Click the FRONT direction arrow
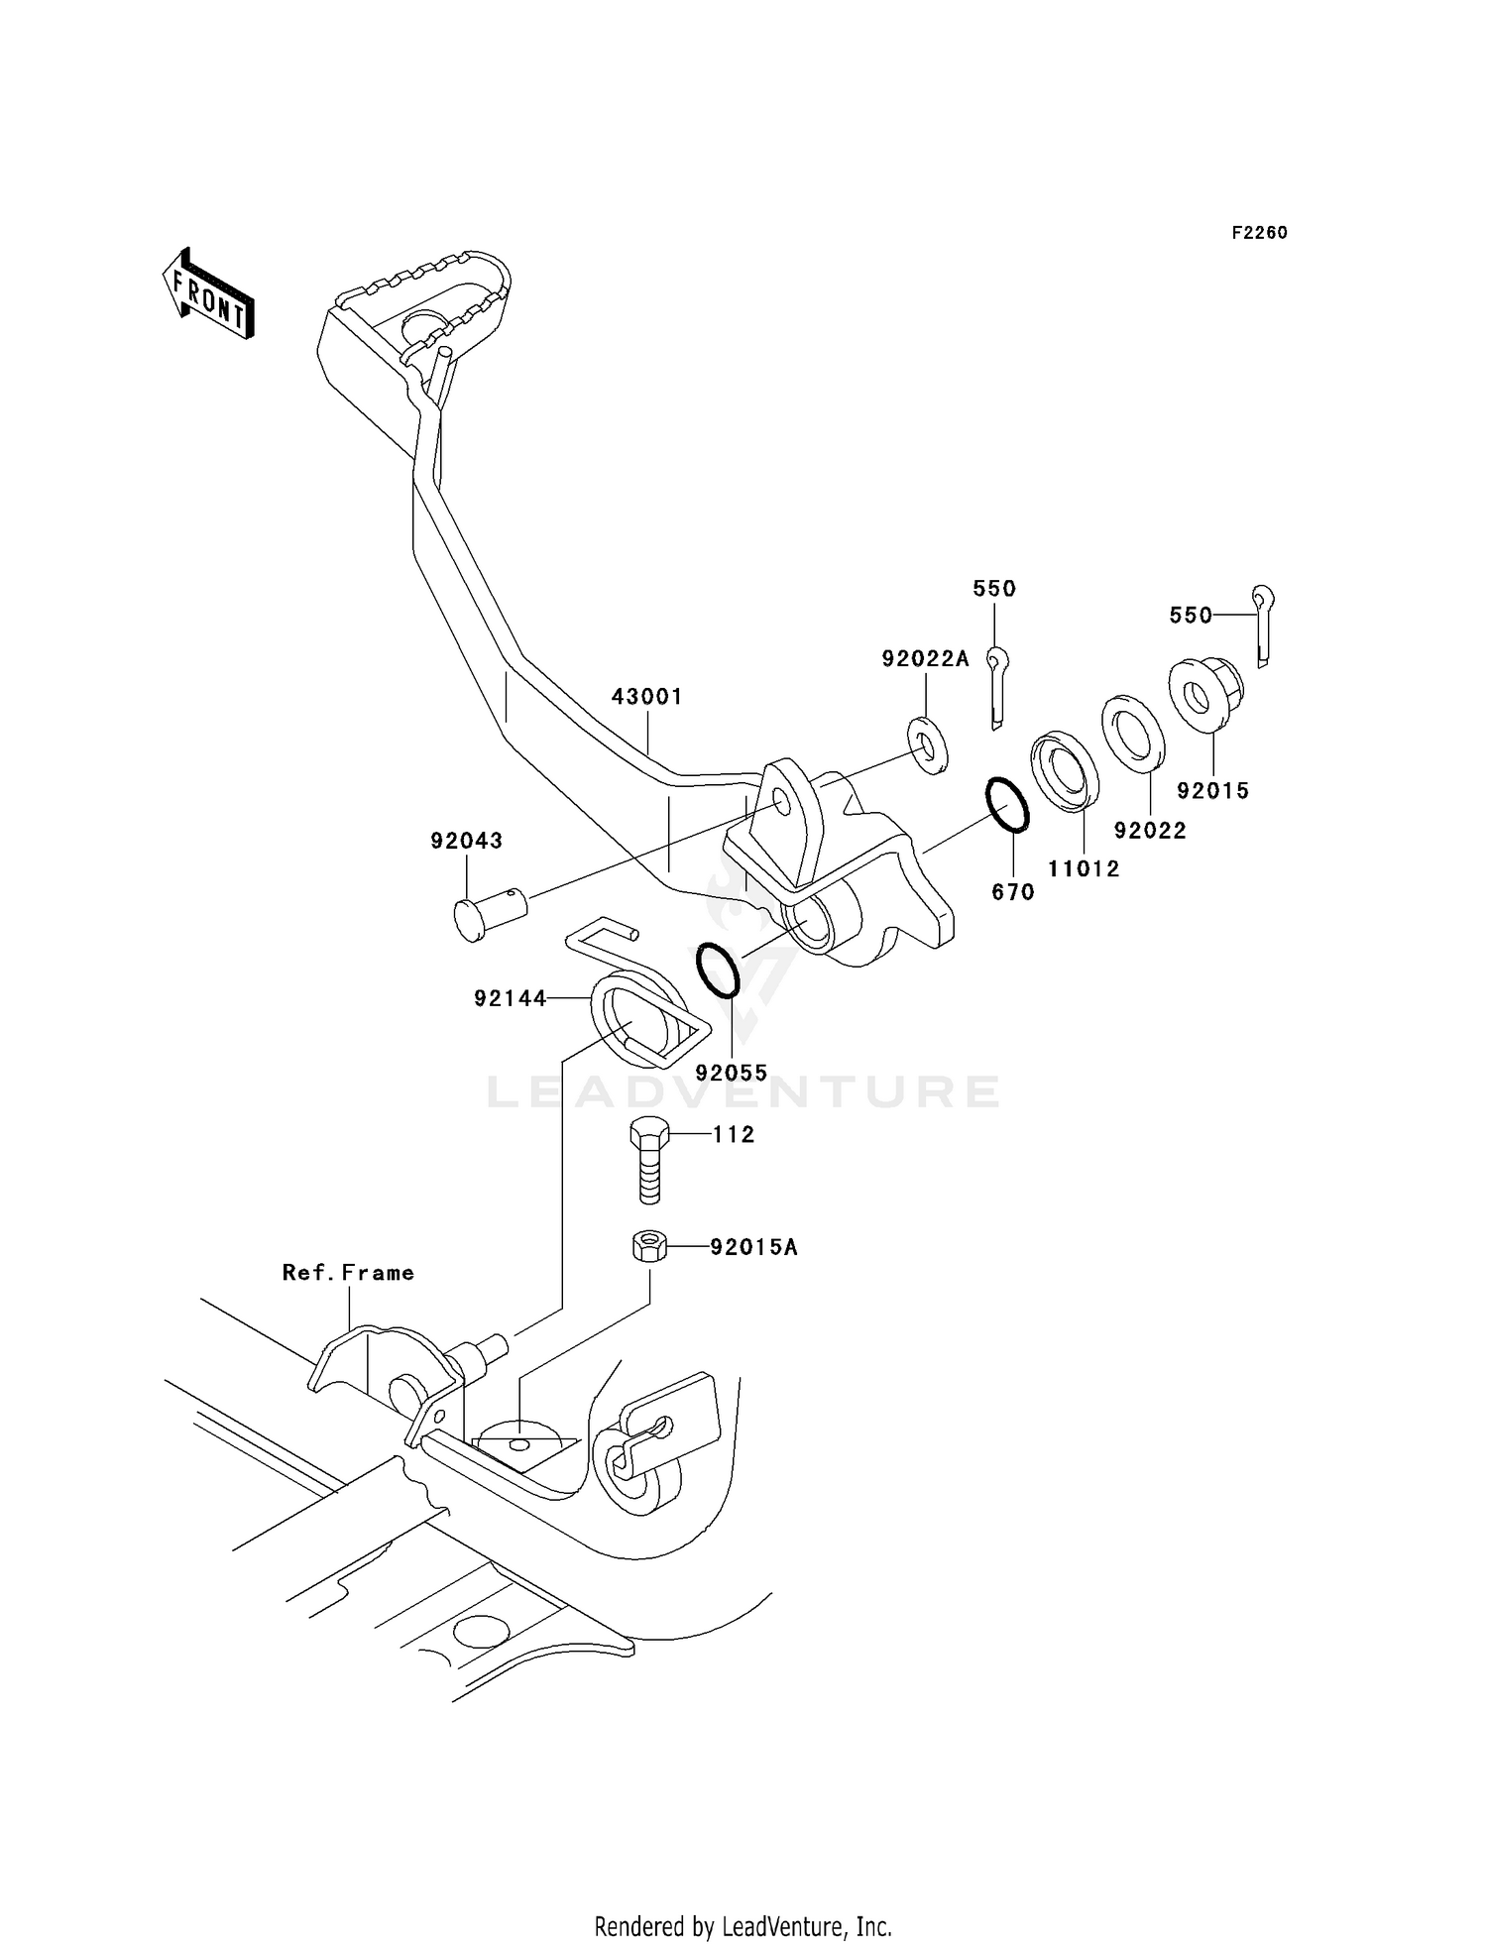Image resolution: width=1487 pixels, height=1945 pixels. tap(208, 295)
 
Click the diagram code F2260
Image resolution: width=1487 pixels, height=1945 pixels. tap(1259, 233)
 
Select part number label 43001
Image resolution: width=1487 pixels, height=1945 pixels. tap(646, 697)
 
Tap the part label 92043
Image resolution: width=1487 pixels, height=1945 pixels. tap(466, 841)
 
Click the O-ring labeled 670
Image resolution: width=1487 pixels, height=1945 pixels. tap(1007, 805)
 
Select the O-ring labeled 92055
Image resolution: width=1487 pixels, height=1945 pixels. tap(717, 970)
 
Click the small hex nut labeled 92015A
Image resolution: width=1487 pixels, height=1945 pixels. tap(648, 1245)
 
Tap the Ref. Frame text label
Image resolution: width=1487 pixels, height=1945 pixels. tap(348, 1273)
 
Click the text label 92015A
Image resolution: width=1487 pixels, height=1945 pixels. tap(753, 1247)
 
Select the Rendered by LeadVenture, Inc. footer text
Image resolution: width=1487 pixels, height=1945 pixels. tap(743, 1926)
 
